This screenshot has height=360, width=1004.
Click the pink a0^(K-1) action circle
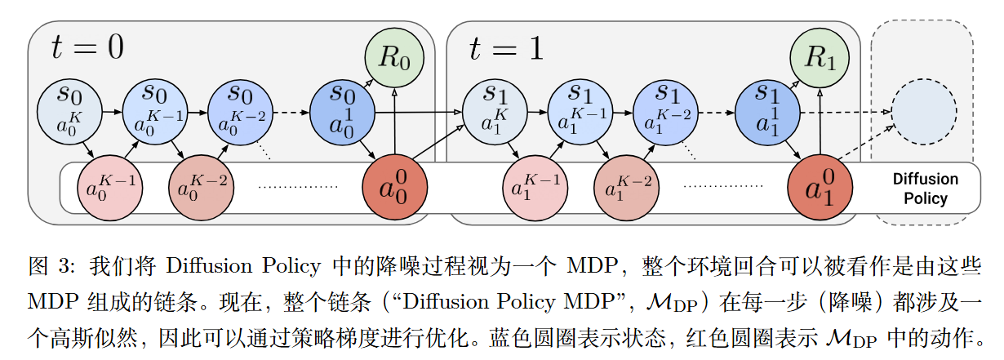[110, 189]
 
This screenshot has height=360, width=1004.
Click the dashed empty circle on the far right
[923, 112]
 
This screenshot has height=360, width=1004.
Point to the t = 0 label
[87, 48]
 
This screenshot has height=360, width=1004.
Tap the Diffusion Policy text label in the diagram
[925, 189]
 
